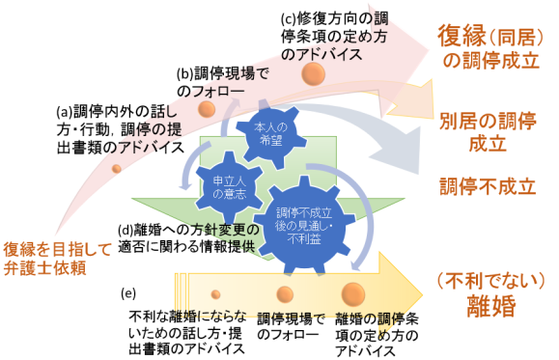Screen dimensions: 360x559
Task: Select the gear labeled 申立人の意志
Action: pos(217,183)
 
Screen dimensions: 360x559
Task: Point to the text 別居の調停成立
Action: pos(488,133)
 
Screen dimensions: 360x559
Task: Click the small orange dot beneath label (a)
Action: pos(117,169)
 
